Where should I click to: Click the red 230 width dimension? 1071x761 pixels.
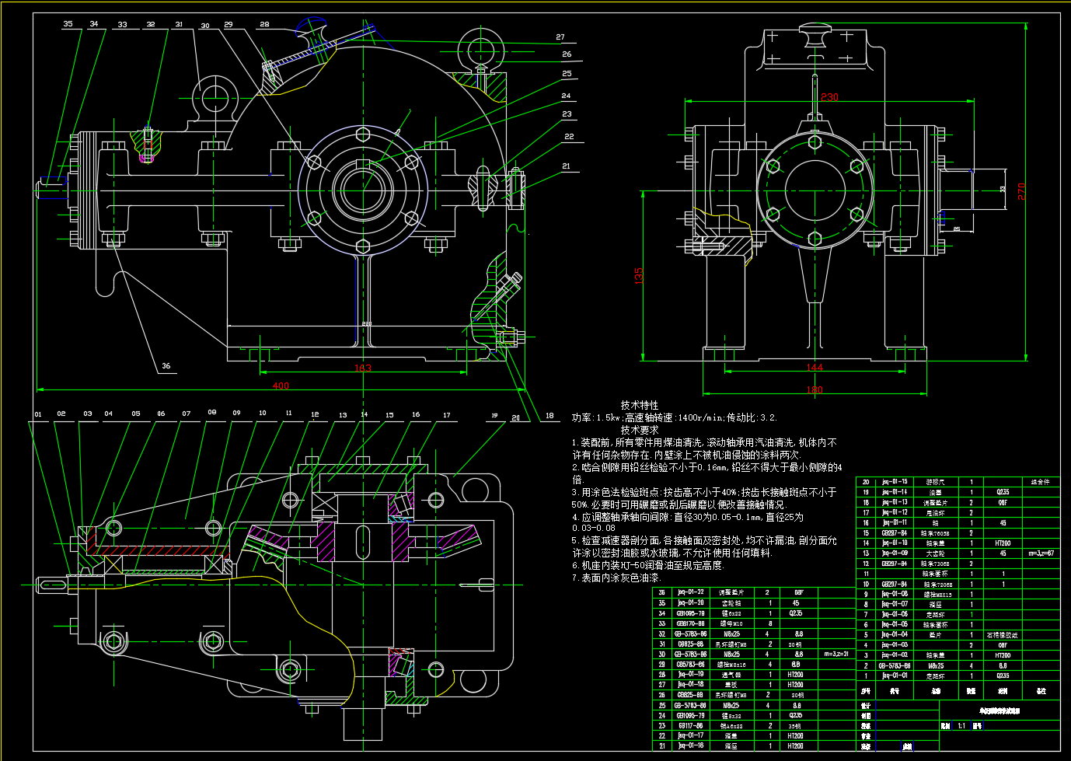click(829, 97)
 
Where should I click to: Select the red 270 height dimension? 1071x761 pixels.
click(1021, 191)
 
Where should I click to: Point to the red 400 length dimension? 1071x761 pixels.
click(281, 386)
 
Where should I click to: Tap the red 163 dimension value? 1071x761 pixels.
click(363, 368)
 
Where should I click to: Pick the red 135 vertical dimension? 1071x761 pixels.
click(639, 276)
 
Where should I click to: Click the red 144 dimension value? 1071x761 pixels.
click(814, 368)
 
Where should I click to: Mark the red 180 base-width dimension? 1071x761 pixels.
click(814, 390)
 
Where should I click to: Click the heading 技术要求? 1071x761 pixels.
click(639, 430)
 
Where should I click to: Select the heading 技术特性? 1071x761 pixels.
click(639, 405)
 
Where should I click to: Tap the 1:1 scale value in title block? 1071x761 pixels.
click(961, 726)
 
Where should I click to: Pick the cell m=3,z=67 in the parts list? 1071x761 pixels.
click(1041, 553)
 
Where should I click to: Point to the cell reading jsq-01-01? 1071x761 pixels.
click(894, 675)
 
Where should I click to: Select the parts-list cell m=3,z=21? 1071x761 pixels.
click(837, 654)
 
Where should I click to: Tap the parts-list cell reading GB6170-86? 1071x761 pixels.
click(690, 623)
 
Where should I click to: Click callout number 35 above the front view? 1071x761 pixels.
click(68, 24)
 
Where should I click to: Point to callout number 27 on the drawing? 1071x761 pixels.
click(560, 37)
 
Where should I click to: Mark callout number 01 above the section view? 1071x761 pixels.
click(38, 414)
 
